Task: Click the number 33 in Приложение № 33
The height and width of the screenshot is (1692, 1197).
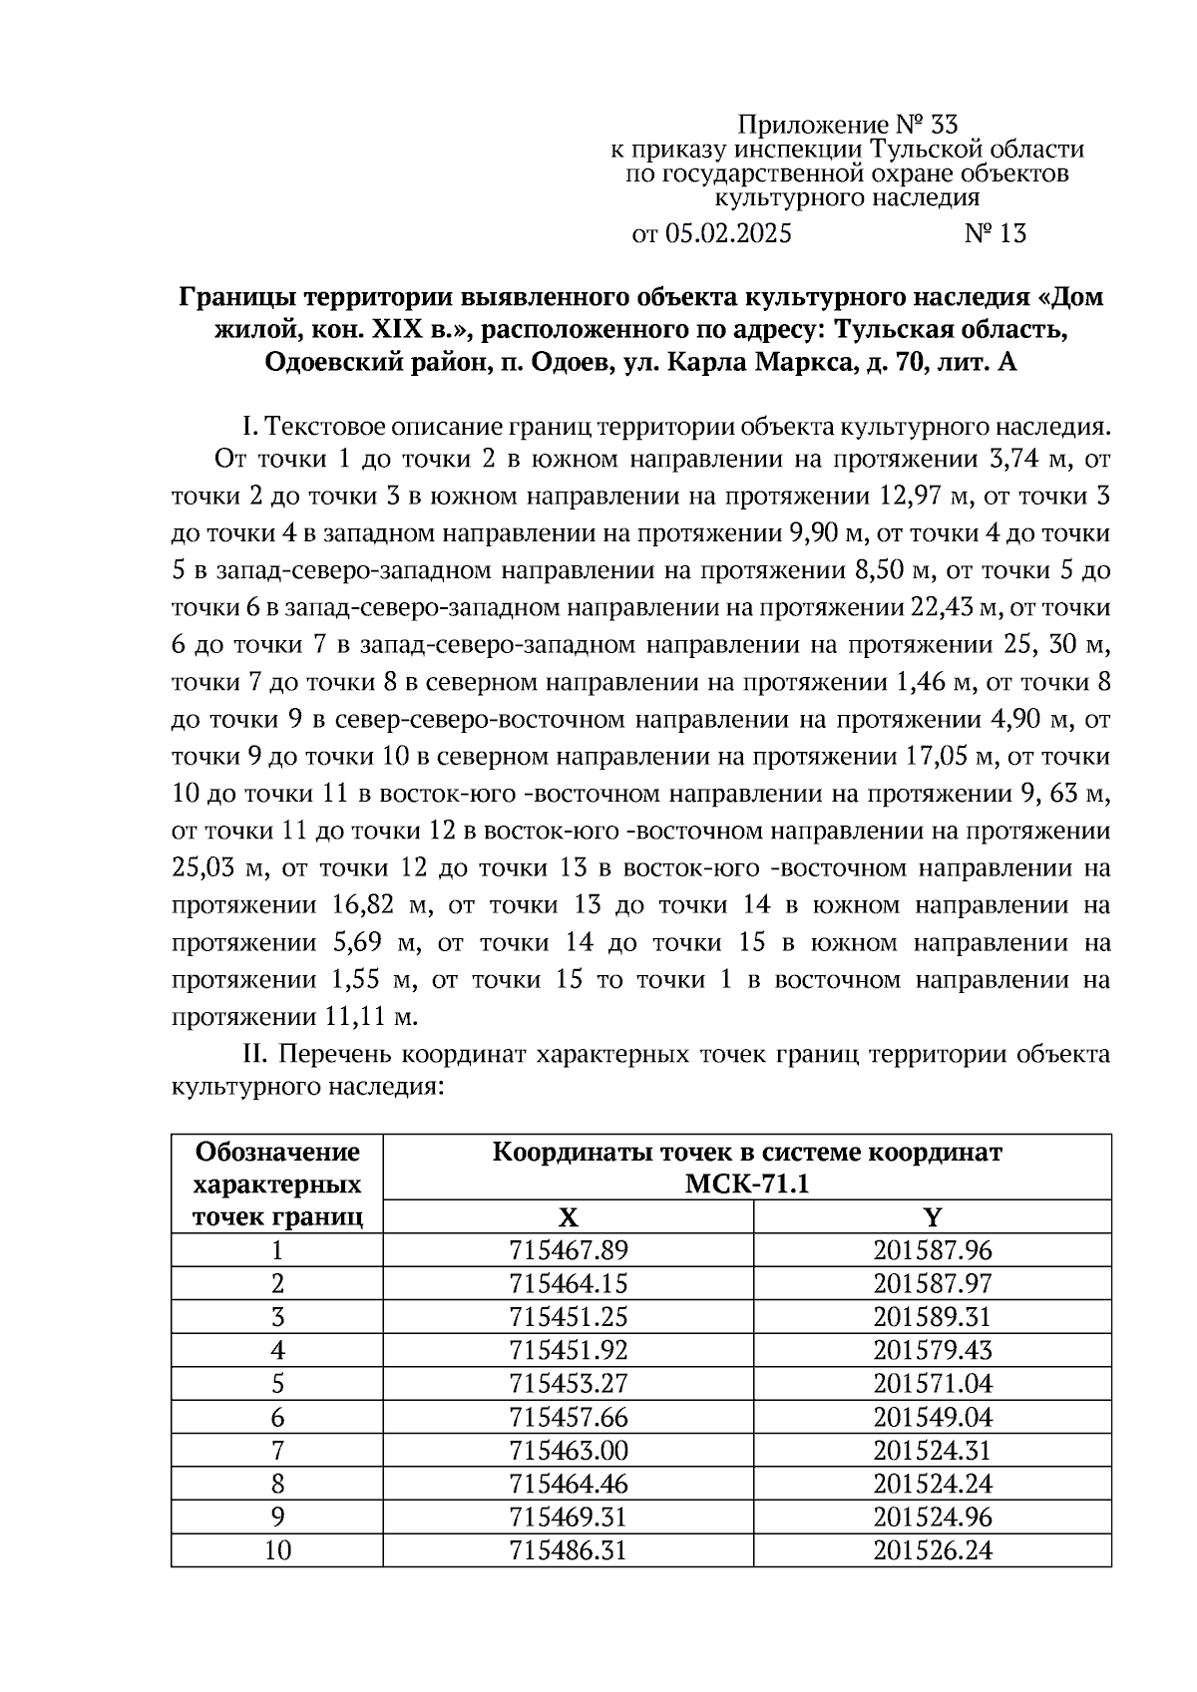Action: click(943, 125)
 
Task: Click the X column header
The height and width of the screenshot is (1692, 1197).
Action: click(568, 1216)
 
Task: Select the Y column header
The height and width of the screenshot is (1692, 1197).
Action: click(932, 1216)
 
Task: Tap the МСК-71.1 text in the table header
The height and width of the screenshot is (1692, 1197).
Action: click(747, 1184)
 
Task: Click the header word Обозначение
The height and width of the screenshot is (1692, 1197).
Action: click(277, 1153)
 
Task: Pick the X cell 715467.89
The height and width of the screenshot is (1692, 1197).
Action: click(568, 1250)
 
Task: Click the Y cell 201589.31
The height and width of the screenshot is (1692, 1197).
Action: click(932, 1317)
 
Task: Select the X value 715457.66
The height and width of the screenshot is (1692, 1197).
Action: click(568, 1417)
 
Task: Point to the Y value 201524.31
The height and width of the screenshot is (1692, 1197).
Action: click(932, 1450)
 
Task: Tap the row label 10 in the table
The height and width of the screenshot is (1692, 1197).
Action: click(277, 1550)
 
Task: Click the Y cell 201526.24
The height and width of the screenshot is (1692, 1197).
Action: click(932, 1550)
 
